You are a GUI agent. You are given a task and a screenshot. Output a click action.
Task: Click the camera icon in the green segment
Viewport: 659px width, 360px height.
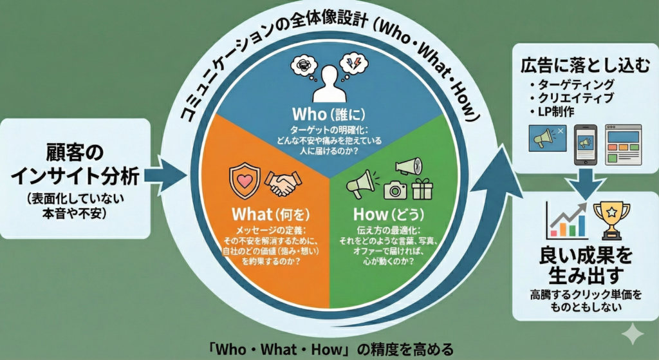(395, 189)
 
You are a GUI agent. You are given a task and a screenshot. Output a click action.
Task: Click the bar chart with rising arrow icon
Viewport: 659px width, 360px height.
(566, 219)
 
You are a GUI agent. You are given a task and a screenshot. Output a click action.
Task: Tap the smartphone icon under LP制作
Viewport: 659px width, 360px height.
(585, 143)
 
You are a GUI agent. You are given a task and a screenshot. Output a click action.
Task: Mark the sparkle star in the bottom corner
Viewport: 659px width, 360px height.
(634, 336)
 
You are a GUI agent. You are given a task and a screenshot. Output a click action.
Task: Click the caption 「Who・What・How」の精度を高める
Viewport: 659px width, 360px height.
(329, 350)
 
